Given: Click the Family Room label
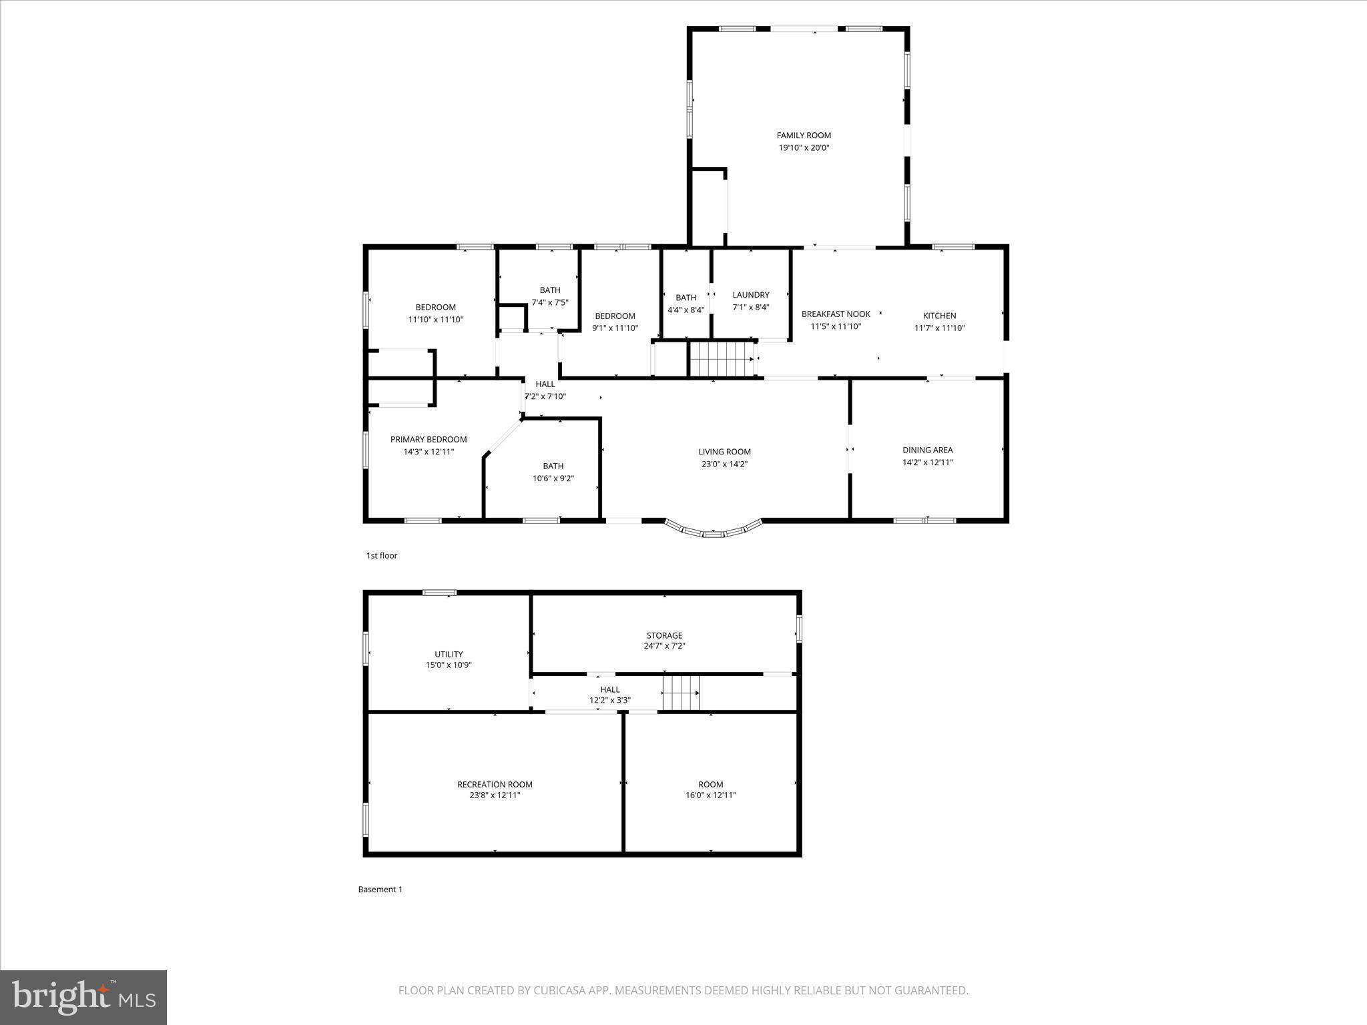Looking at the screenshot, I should (804, 135).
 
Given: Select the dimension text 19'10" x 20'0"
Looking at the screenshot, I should (804, 148).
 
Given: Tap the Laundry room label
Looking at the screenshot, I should (751, 295).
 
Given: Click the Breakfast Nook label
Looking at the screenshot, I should (836, 314).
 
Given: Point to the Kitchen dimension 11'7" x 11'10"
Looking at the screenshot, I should (940, 328).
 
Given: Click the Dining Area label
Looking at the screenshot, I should (927, 450).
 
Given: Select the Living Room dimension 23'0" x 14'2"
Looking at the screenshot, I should (724, 464).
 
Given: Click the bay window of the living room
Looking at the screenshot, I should (713, 531).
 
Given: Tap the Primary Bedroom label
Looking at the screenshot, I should (429, 439).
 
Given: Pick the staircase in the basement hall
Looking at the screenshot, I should (681, 693).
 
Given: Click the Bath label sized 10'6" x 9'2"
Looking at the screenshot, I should (553, 466).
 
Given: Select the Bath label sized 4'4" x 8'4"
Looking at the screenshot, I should (686, 298).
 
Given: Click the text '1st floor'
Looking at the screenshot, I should (381, 555).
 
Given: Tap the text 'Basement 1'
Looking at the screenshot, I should (380, 889).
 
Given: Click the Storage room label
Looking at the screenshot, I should (664, 635).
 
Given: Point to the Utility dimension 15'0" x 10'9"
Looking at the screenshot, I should (449, 665).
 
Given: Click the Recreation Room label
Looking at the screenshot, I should (495, 784).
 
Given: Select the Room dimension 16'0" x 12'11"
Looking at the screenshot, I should (710, 795).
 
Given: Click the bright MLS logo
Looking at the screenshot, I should (83, 998).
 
